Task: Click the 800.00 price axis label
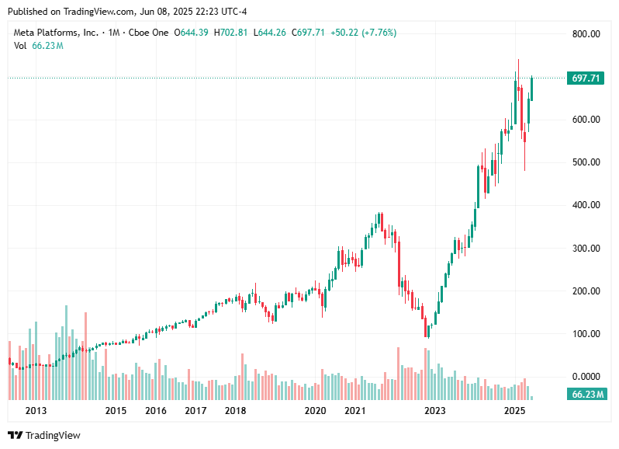(586, 34)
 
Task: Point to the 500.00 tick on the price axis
(586, 162)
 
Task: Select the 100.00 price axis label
(586, 334)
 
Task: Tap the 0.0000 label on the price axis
(586, 377)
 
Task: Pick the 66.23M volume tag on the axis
(587, 395)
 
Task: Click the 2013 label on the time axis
(36, 410)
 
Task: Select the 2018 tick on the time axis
(236, 410)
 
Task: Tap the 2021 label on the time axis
(354, 410)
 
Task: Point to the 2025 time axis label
(515, 410)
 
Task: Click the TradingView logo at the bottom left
(44, 436)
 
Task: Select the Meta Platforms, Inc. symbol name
(57, 33)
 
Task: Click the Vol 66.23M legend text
(38, 46)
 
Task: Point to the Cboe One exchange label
(149, 33)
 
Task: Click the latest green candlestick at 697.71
(532, 88)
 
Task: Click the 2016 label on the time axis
(156, 410)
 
